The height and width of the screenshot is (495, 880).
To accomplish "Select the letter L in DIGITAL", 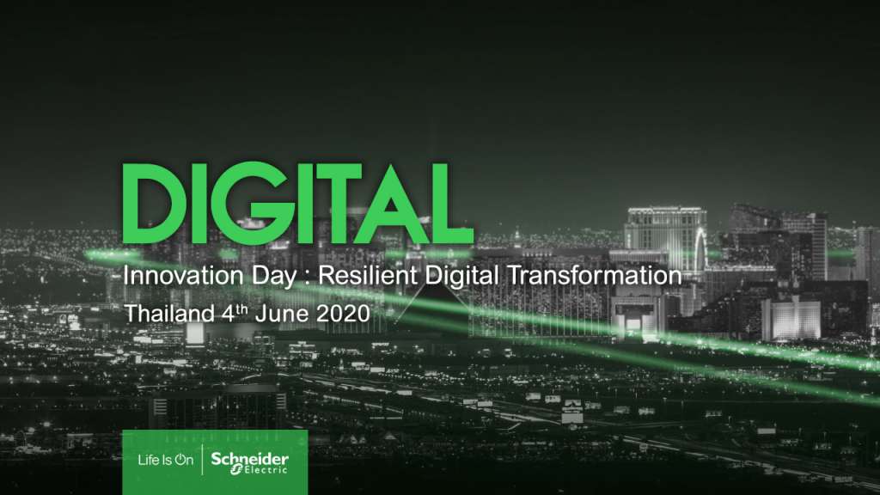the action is pyautogui.click(x=454, y=203).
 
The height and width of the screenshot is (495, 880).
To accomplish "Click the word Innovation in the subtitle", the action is pyautogui.click(x=183, y=276).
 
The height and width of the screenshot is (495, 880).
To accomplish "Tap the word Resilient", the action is pyautogui.click(x=368, y=276).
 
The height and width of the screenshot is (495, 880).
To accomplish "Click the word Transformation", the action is pyautogui.click(x=595, y=276).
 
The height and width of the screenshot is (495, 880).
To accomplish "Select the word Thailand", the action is pyautogui.click(x=169, y=313).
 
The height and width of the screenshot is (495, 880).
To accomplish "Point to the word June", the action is pyautogui.click(x=282, y=313).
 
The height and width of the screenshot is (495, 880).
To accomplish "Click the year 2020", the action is pyautogui.click(x=343, y=313).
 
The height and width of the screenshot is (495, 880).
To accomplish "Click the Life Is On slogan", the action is pyautogui.click(x=166, y=461).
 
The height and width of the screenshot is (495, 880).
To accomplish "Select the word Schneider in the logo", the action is pyautogui.click(x=250, y=459).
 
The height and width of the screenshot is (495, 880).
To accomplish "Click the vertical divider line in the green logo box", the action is pyautogui.click(x=202, y=461).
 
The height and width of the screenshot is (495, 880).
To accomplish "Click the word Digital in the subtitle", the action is pyautogui.click(x=461, y=277).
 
